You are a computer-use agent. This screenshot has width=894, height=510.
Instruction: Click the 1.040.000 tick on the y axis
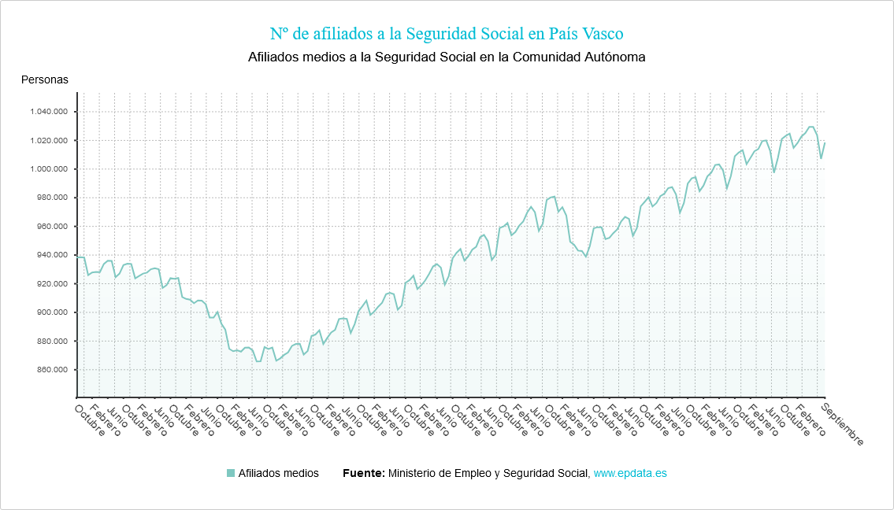(48, 112)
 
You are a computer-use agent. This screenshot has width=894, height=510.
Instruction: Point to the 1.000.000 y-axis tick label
(48, 169)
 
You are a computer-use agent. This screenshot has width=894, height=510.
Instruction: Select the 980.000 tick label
(52, 198)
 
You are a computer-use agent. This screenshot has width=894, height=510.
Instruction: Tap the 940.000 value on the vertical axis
(52, 255)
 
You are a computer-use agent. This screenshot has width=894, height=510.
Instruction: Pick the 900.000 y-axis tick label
(52, 312)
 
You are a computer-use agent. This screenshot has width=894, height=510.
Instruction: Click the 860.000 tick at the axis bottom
(52, 370)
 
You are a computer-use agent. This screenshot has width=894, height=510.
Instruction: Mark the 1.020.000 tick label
(48, 141)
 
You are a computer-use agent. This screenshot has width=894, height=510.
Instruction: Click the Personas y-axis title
(44, 79)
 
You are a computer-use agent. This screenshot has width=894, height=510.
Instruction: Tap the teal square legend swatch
(231, 473)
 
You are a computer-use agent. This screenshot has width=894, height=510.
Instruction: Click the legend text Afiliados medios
(278, 473)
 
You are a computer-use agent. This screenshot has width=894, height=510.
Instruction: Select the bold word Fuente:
(364, 473)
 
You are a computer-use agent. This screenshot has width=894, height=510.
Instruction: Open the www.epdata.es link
(630, 473)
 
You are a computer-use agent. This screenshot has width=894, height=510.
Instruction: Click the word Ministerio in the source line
(414, 473)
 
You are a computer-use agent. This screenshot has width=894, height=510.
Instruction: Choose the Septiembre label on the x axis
(842, 425)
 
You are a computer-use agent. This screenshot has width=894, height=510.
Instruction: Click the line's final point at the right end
(825, 142)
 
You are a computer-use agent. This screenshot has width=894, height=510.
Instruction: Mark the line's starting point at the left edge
(77, 257)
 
